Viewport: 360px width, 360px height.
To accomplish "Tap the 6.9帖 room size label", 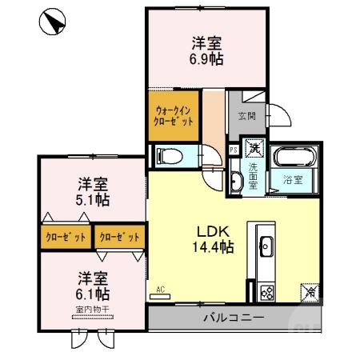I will [x=206, y=60].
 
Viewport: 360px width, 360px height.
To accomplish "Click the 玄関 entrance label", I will [x=246, y=117].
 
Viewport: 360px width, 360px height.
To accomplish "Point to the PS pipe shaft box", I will [x=234, y=149].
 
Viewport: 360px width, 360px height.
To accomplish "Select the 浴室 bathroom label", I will [x=292, y=179].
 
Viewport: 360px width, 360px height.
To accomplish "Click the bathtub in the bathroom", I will [x=295, y=157].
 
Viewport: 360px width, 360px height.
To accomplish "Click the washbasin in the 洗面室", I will [x=234, y=182].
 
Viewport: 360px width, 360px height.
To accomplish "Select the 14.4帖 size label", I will [x=210, y=247].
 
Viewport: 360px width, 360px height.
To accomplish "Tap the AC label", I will [x=160, y=290].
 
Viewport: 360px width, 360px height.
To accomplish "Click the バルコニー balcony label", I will [x=232, y=318].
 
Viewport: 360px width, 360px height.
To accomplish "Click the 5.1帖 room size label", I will [x=94, y=198].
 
